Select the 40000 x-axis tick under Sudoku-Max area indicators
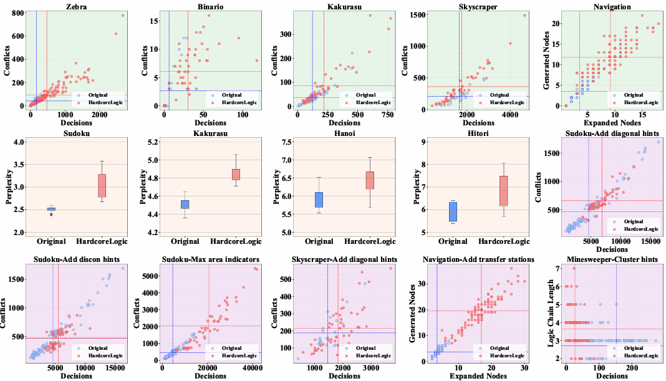tap(253, 368)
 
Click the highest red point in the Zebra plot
tap(123, 16)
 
